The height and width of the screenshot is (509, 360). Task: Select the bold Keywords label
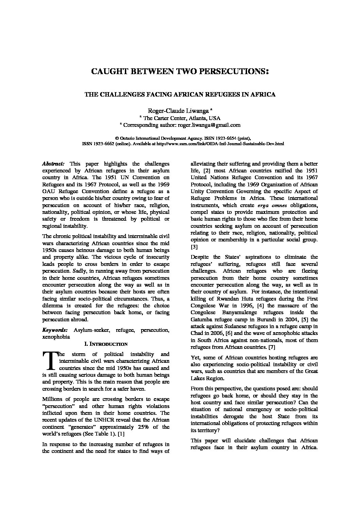point(54,330)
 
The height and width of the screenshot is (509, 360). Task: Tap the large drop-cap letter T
point(50,361)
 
